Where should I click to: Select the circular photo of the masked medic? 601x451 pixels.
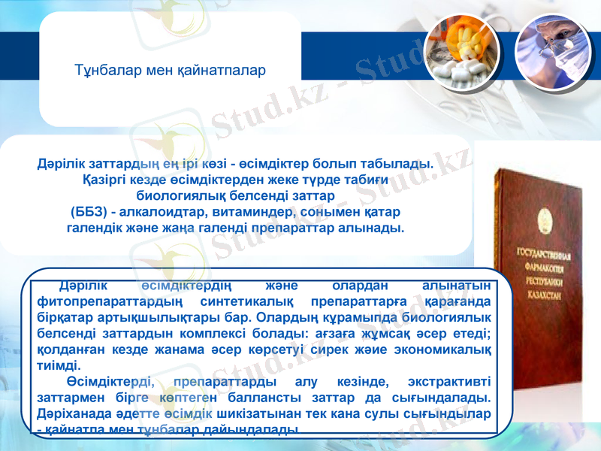(552, 50)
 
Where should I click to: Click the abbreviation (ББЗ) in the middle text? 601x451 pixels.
(93, 211)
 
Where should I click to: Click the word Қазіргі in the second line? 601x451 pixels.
(104, 180)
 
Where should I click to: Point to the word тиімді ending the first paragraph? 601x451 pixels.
(59, 365)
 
